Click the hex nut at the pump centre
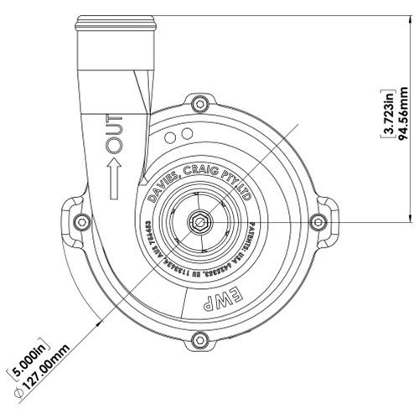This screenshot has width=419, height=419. click(x=200, y=222)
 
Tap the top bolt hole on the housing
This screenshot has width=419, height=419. click(x=199, y=105)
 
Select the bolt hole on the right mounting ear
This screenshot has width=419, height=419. click(x=317, y=222)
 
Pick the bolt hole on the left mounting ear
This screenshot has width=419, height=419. click(x=81, y=222)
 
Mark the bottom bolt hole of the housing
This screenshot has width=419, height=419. click(x=199, y=339)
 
